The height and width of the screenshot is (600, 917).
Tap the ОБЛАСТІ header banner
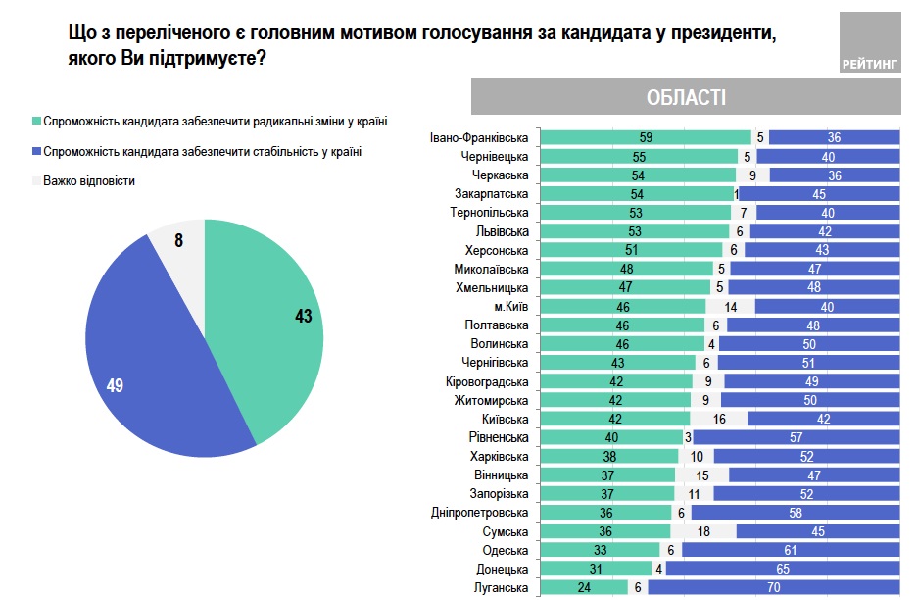pyautogui.click(x=686, y=98)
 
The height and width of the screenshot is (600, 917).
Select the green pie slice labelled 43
pyautogui.click(x=274, y=324)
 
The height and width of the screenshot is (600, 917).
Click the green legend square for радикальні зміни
pyautogui.click(x=36, y=123)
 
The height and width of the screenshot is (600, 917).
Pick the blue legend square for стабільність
pyautogui.click(x=36, y=152)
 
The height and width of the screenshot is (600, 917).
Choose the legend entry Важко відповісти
pyautogui.click(x=89, y=181)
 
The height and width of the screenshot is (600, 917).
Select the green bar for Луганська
pyautogui.click(x=584, y=587)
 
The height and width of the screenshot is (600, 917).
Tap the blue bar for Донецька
pyautogui.click(x=783, y=569)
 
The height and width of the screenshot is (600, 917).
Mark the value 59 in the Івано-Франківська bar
pyautogui.click(x=645, y=137)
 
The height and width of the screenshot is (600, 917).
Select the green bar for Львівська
pyautogui.click(x=636, y=231)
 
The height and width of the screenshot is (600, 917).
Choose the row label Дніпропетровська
pyautogui.click(x=480, y=512)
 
